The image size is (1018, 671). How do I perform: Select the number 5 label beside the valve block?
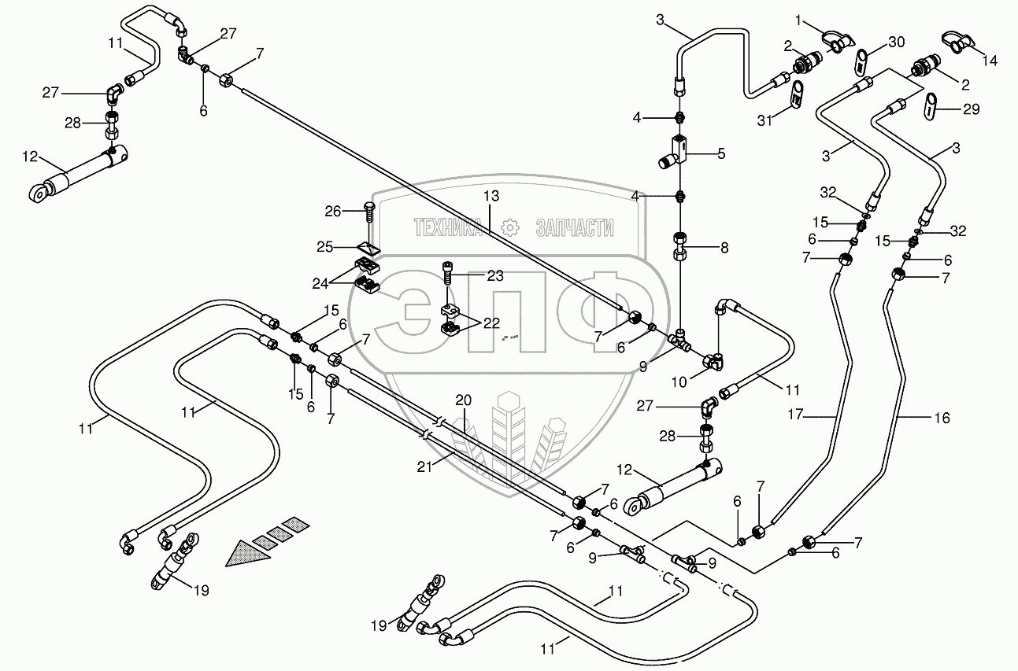(721, 153)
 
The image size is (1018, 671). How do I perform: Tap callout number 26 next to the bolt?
(333, 211)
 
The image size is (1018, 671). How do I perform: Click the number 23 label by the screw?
(495, 276)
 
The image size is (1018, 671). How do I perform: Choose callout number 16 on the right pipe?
(942, 418)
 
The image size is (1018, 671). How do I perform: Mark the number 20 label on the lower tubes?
(463, 399)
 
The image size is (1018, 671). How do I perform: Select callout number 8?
(724, 247)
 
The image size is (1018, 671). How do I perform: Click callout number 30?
(897, 41)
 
